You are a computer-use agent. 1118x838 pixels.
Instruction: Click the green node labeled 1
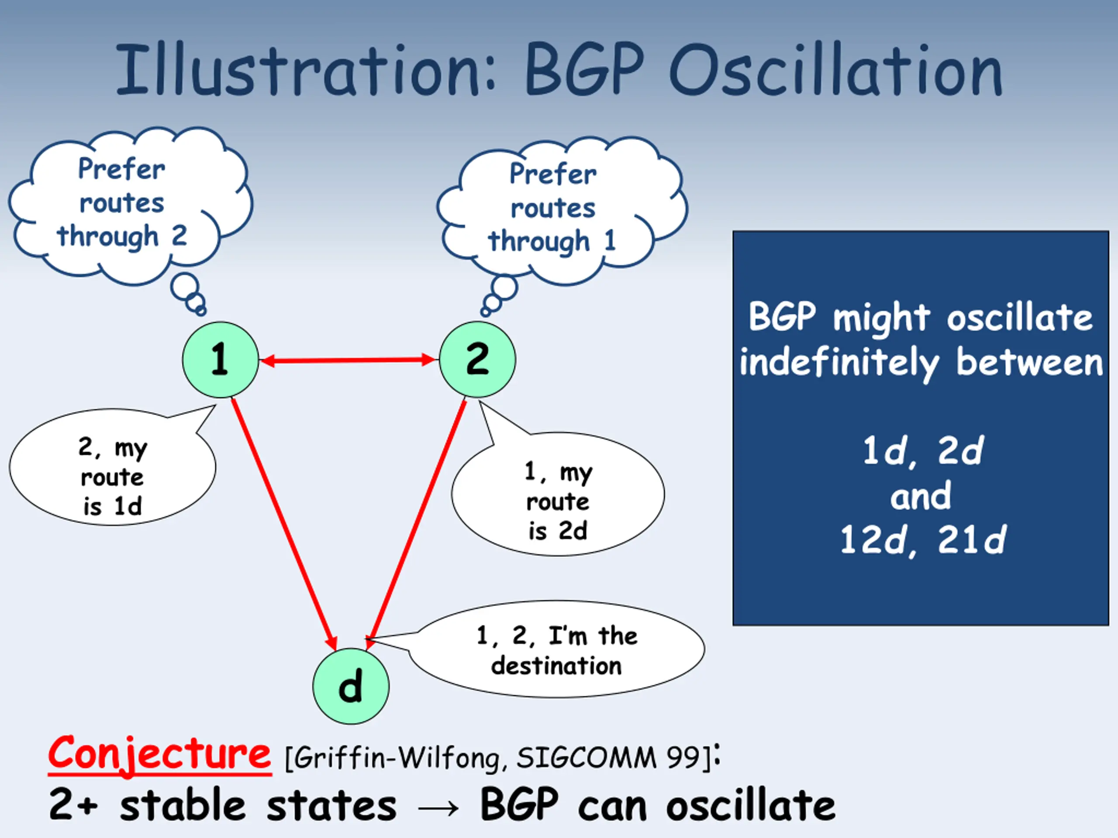(221, 360)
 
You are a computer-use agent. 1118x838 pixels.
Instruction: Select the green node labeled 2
(477, 360)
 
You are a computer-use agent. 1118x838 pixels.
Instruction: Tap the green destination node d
(351, 686)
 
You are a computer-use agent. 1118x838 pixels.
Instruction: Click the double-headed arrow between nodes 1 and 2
(349, 360)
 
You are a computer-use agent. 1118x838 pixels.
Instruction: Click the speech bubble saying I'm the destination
(556, 649)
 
